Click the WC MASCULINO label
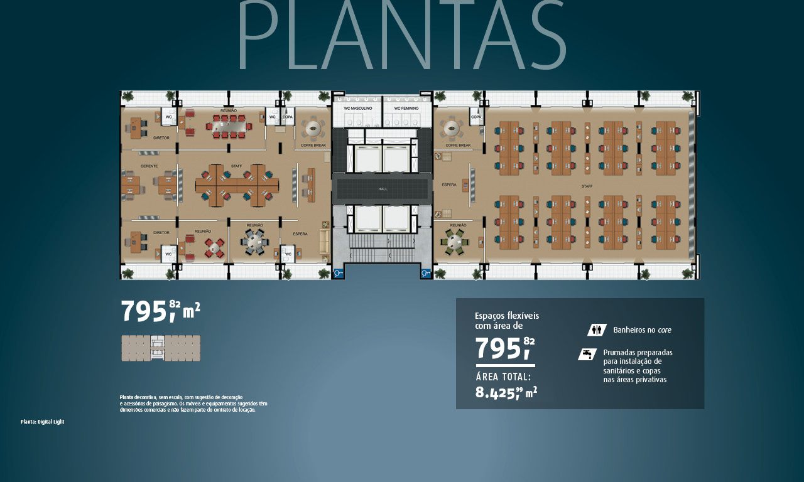pyautogui.click(x=358, y=109)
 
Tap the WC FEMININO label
pyautogui.click(x=407, y=109)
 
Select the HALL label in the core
pyautogui.click(x=383, y=189)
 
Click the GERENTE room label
pyautogui.click(x=149, y=166)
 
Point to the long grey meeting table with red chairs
pyautogui.click(x=229, y=126)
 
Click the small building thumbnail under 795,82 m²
pyautogui.click(x=161, y=348)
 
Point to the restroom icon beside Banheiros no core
pyautogui.click(x=596, y=329)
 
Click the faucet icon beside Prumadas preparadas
pyautogui.click(x=587, y=354)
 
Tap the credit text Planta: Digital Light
pyautogui.click(x=42, y=422)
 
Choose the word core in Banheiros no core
pyautogui.click(x=665, y=330)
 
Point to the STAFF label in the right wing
pyautogui.click(x=587, y=186)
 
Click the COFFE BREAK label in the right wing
pyautogui.click(x=458, y=145)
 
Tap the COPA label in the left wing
pyautogui.click(x=288, y=117)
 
